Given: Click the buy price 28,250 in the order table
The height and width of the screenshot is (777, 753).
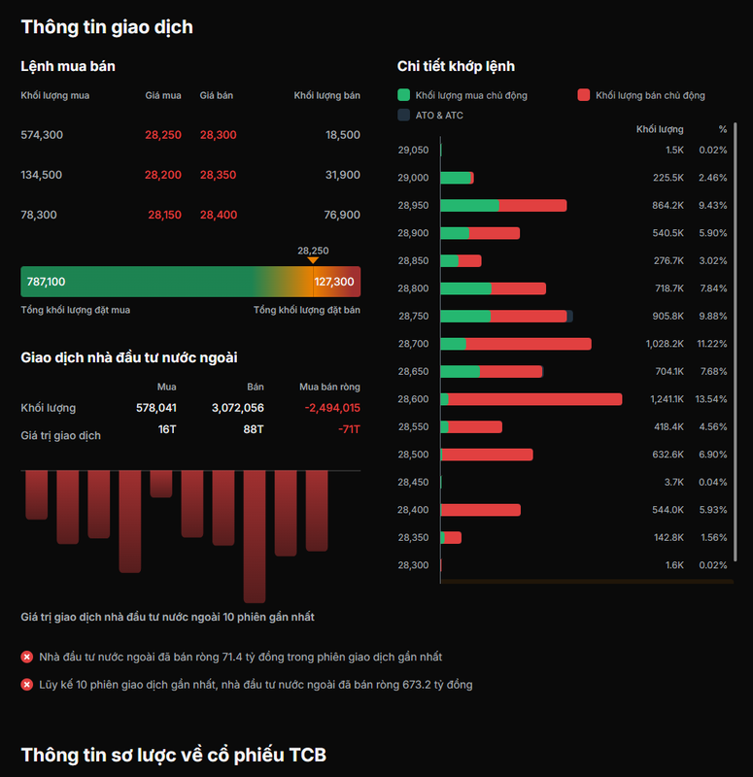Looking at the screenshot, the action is [x=163, y=135].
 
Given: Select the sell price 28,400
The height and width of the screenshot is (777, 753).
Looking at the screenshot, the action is [x=218, y=215].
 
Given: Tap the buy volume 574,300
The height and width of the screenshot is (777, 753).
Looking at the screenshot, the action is [x=42, y=135].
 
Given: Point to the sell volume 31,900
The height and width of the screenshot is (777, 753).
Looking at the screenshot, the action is [x=343, y=175].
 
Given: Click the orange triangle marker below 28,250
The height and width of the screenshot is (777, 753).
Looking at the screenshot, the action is [x=313, y=260].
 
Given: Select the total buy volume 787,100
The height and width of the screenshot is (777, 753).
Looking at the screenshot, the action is [x=46, y=282].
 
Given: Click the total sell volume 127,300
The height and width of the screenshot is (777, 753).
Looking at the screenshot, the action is [x=334, y=282].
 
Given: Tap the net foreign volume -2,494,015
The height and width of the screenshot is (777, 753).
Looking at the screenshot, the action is [x=332, y=408].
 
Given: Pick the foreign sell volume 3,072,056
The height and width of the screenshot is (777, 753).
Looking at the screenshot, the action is [x=238, y=408].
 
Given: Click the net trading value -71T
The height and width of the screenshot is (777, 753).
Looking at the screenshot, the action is [x=349, y=429].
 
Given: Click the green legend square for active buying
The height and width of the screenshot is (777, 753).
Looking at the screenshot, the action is [x=403, y=95].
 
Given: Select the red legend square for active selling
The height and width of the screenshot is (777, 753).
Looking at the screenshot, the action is [x=584, y=95].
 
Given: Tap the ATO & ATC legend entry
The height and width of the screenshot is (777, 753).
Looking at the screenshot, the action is [x=430, y=115].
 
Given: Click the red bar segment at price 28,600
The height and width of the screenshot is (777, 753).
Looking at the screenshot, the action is [x=535, y=399].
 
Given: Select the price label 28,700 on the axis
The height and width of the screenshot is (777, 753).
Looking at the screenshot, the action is [x=414, y=344].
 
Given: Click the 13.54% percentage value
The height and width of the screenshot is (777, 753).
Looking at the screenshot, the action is [x=711, y=399].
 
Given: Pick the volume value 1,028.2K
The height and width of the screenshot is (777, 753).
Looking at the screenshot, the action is [x=665, y=344].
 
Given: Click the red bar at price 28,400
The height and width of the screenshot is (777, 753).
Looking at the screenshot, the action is [x=480, y=510].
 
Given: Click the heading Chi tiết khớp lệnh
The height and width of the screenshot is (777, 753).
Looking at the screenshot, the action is [x=456, y=66].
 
